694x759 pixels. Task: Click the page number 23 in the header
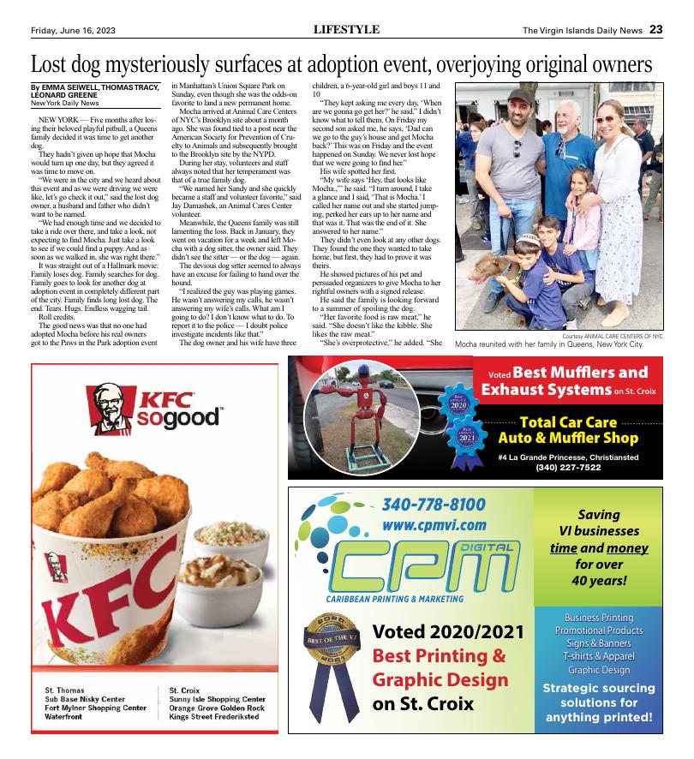tap(655, 29)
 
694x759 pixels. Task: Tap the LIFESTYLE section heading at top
tap(346, 29)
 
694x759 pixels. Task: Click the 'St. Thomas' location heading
tap(64, 690)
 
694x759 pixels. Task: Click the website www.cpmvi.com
tap(434, 524)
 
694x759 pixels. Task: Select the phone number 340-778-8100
tap(434, 504)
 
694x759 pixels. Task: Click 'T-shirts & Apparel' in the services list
tap(599, 655)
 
